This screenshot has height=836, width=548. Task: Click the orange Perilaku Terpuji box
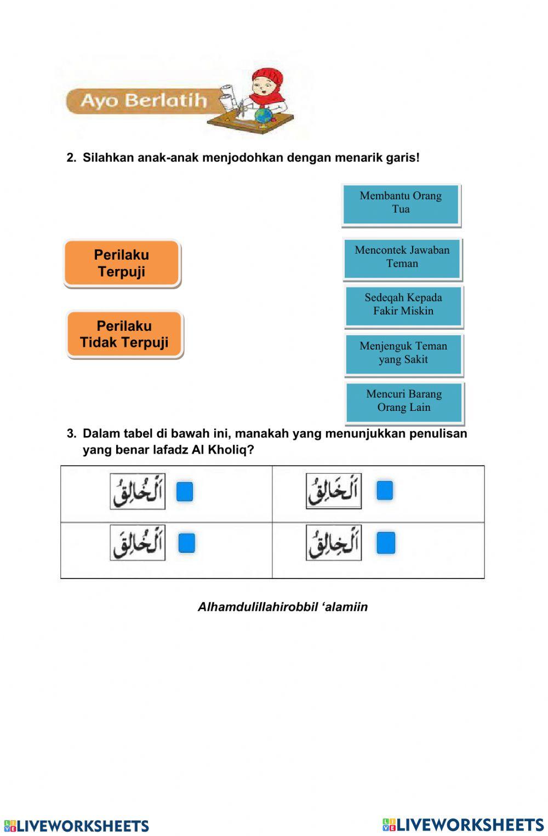tap(122, 263)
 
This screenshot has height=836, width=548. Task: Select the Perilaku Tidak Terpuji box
tap(124, 334)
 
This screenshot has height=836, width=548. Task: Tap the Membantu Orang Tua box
tap(401, 204)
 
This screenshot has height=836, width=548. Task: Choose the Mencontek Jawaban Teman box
tap(402, 257)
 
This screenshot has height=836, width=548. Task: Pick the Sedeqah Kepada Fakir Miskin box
tap(403, 305)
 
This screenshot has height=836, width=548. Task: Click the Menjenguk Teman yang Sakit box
tap(403, 353)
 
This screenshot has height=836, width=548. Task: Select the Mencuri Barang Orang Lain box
tap(404, 402)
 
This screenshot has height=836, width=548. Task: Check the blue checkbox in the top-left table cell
tap(185, 491)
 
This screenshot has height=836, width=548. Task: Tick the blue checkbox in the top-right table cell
tap(385, 490)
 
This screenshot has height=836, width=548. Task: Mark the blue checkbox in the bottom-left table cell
tap(186, 543)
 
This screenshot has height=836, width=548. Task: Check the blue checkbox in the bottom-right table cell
tap(386, 543)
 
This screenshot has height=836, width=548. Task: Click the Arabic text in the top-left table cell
tap(138, 491)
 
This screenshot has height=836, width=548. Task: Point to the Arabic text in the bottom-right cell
tap(334, 543)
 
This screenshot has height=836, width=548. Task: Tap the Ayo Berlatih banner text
tap(144, 101)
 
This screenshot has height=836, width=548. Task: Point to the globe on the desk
tap(264, 116)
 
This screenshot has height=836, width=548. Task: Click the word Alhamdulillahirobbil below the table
tap(256, 607)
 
